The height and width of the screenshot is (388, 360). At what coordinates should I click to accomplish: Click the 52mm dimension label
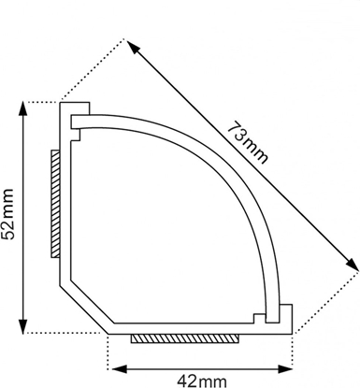click(x=7, y=214)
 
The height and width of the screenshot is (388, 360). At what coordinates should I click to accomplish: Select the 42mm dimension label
click(x=202, y=381)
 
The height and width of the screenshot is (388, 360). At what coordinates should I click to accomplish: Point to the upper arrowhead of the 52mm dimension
click(x=23, y=110)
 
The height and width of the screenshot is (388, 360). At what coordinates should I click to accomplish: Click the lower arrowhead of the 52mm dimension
click(x=23, y=325)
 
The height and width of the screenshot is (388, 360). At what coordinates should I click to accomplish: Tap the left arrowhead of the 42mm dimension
click(x=120, y=369)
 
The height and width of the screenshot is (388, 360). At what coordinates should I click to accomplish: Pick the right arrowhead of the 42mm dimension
click(x=284, y=369)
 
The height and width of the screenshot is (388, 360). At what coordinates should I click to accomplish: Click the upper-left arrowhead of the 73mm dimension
click(x=133, y=47)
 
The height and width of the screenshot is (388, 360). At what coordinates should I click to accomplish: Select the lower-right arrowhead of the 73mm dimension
click(x=352, y=264)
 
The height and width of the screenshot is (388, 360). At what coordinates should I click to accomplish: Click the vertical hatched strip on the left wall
click(x=55, y=204)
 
